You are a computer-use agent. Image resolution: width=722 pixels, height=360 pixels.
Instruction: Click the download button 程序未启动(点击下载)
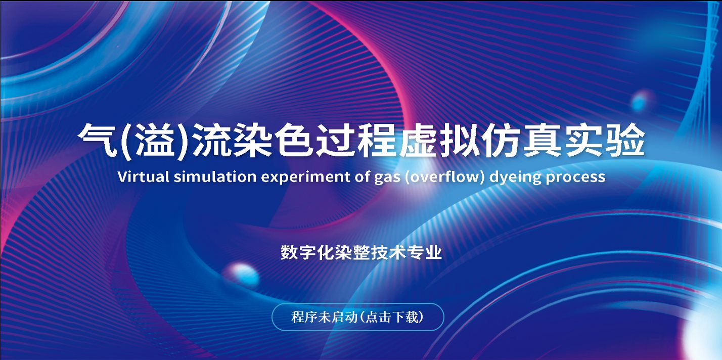358,317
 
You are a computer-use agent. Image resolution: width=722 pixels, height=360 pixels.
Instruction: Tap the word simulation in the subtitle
215,176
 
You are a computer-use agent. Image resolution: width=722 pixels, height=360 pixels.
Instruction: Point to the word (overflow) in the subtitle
445,177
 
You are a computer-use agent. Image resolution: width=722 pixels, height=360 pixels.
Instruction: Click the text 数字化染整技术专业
361,252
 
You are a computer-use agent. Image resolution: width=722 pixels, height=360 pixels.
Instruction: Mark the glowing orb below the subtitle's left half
241,274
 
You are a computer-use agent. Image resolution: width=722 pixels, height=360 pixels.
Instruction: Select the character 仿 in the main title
502,141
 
